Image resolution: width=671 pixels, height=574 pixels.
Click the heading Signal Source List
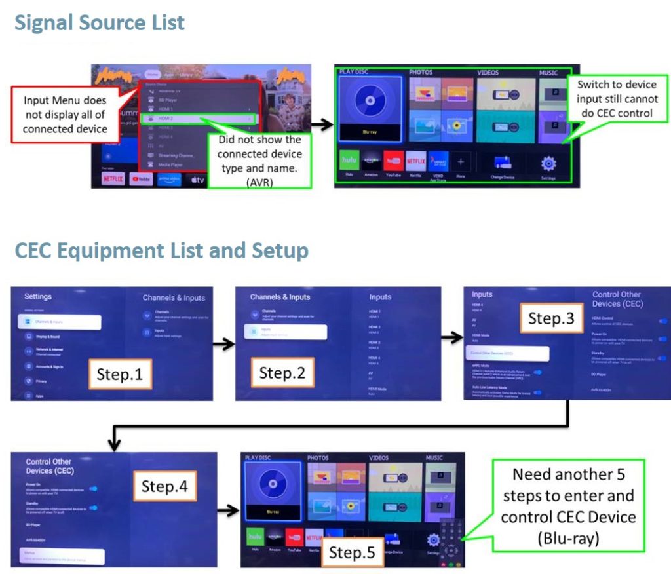(100, 23)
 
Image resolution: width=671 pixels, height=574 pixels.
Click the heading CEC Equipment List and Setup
(161, 250)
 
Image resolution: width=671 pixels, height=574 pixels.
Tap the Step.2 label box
(282, 373)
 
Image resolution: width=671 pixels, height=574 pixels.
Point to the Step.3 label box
(551, 318)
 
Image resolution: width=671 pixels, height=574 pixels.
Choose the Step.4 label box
(164, 486)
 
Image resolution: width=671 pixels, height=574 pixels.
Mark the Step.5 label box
(352, 552)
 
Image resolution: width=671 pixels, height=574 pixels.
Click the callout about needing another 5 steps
(568, 506)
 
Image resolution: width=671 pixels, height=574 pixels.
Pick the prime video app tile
(169, 179)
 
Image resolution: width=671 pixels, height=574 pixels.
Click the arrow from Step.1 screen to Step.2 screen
(223, 343)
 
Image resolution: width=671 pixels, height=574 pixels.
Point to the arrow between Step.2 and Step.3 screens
(451, 338)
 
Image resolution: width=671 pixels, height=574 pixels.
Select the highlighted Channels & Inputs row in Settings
(60, 322)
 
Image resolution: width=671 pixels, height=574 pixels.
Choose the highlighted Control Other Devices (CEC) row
(507, 353)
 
